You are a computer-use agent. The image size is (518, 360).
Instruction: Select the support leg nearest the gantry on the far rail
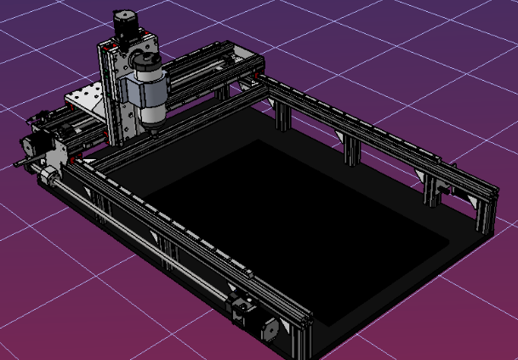[x=282, y=116]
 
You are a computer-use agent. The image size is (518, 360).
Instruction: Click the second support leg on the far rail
[x=351, y=150]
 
